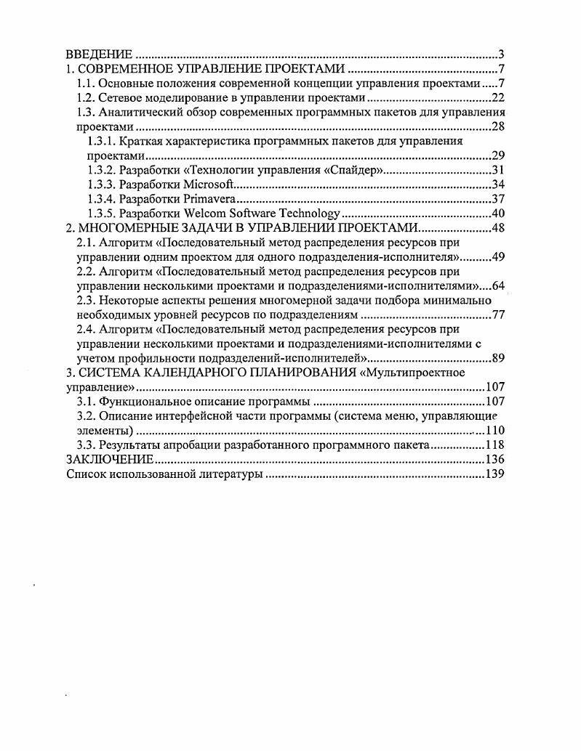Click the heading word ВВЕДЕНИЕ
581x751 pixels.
tap(99, 54)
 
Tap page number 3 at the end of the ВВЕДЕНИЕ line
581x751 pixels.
tap(501, 54)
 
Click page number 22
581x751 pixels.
tap(498, 98)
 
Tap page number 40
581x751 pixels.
tap(498, 213)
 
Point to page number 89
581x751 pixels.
tap(498, 357)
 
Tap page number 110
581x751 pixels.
tap(494, 430)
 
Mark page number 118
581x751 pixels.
tap(494, 444)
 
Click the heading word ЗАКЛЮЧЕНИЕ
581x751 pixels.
tap(109, 459)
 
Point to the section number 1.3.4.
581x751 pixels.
tap(102, 198)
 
